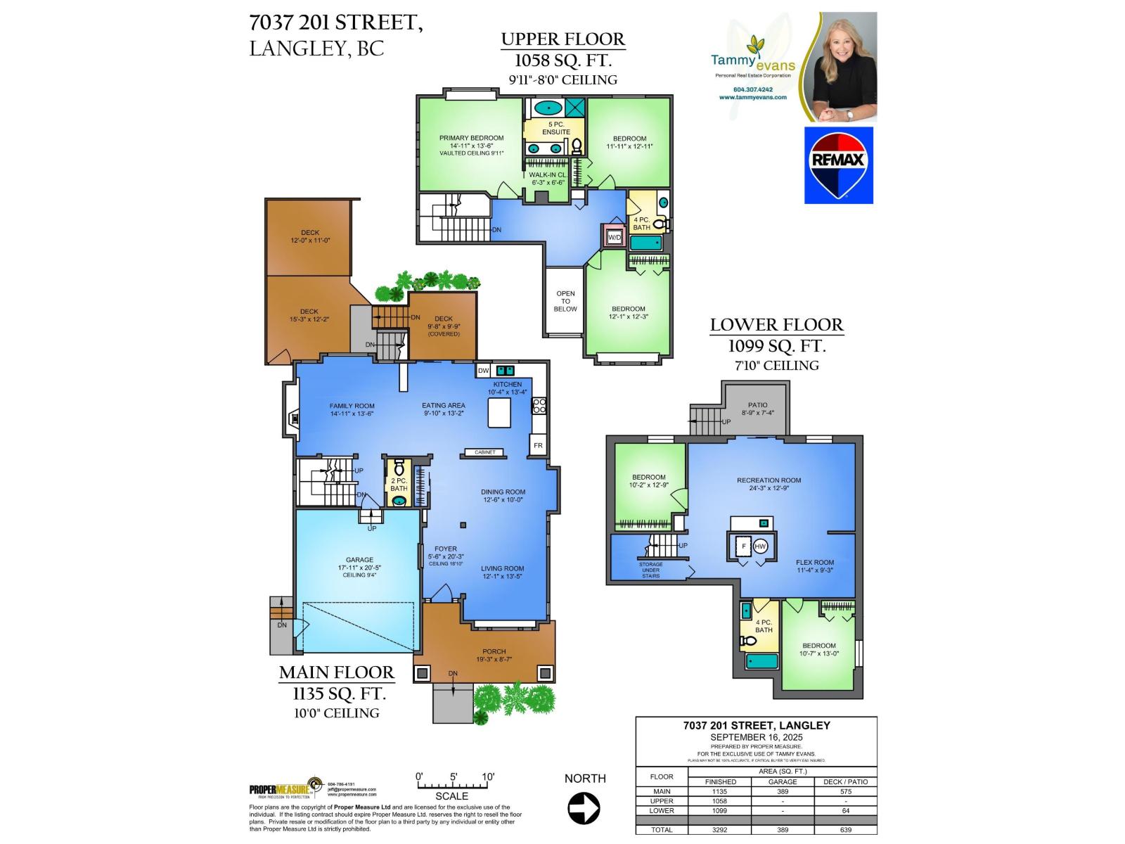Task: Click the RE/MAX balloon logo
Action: pyautogui.click(x=838, y=166)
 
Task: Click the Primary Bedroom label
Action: pyautogui.click(x=471, y=139)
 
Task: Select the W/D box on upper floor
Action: pyautogui.click(x=614, y=238)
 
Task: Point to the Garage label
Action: pyautogui.click(x=359, y=560)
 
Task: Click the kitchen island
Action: pyautogui.click(x=500, y=412)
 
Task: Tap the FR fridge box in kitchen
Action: pyautogui.click(x=538, y=445)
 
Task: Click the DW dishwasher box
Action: pyautogui.click(x=483, y=371)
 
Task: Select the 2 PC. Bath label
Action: pyautogui.click(x=399, y=485)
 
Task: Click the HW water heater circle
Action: pyautogui.click(x=761, y=546)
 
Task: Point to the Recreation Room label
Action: pyautogui.click(x=769, y=480)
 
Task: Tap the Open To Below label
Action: pyautogui.click(x=565, y=301)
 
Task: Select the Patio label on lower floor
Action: pyautogui.click(x=758, y=405)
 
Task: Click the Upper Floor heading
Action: pyautogui.click(x=562, y=39)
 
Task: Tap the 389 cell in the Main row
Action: pyautogui.click(x=782, y=791)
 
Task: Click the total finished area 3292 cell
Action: pyautogui.click(x=720, y=830)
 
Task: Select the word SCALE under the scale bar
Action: pyautogui.click(x=451, y=797)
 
